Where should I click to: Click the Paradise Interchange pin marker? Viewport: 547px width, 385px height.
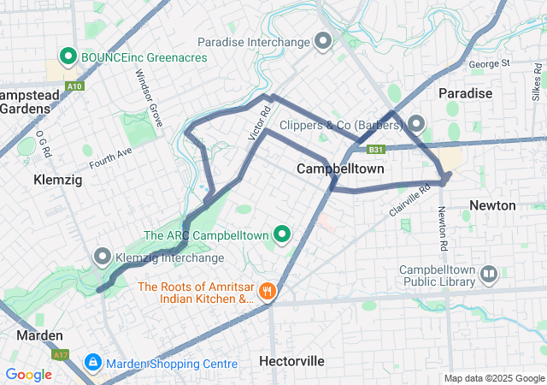[x=323, y=40]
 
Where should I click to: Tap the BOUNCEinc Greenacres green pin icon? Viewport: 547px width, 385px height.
[x=68, y=57]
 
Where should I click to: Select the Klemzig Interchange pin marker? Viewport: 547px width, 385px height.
[x=103, y=257]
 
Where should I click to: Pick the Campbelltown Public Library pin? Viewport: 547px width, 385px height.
[x=489, y=275]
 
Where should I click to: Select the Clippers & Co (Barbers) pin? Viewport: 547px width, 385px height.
[x=416, y=125]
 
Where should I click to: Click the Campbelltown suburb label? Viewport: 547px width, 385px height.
[x=339, y=169]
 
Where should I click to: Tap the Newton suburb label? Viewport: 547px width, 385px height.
[x=492, y=205]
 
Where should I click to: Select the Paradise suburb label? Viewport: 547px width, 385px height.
[x=465, y=92]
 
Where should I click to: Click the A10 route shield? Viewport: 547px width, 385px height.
[x=75, y=86]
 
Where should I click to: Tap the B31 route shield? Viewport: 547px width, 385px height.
[x=376, y=150]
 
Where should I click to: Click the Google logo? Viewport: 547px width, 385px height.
[x=28, y=374]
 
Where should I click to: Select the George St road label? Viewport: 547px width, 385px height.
[x=489, y=63]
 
